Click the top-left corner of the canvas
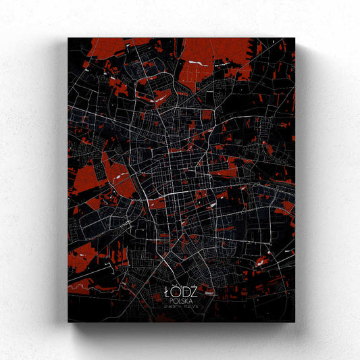pos(68,38)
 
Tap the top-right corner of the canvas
pos(295,38)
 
